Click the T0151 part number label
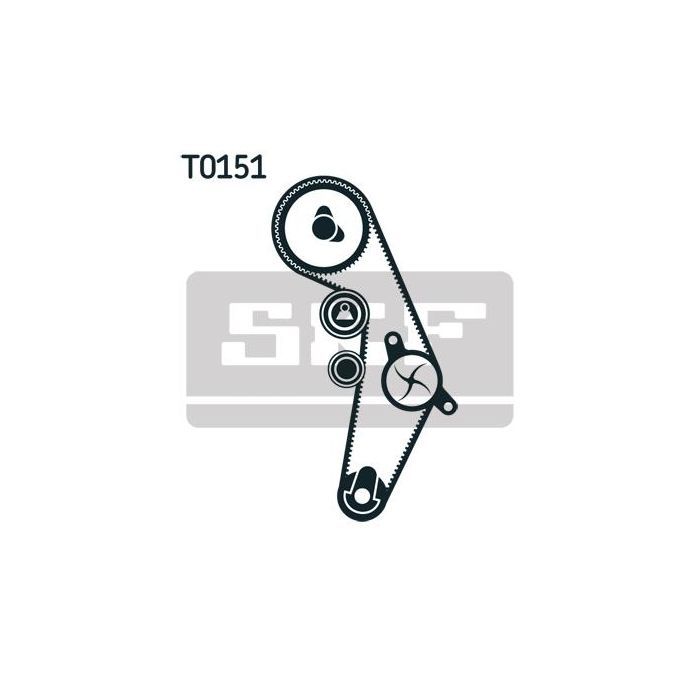tap(224, 167)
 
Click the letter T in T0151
tap(189, 167)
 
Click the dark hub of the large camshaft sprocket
tap(324, 228)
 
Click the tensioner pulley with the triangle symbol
tap(344, 313)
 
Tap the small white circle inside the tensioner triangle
tap(345, 307)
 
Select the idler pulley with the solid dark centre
tap(346, 369)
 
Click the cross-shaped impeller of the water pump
tap(411, 380)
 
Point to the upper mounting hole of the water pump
tap(392, 341)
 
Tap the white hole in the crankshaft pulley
tap(362, 496)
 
